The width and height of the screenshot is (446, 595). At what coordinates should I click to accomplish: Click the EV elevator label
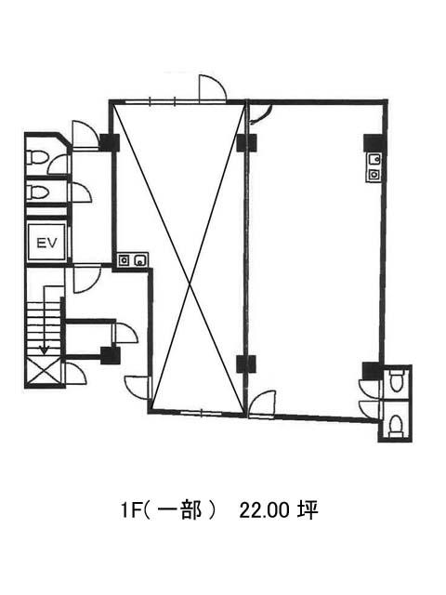[47, 242]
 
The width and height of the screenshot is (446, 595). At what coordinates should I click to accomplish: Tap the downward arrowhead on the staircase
[45, 350]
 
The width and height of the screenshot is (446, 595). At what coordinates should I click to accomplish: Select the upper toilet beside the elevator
[37, 157]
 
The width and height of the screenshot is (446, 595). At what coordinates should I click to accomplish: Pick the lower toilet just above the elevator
[37, 191]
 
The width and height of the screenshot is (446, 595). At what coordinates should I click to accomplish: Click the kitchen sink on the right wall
[374, 167]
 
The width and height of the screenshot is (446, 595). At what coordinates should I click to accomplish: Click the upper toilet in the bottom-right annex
[398, 380]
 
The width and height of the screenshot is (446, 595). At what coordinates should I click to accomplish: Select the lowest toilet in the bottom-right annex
[397, 425]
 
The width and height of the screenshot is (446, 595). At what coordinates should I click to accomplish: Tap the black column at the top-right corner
[374, 142]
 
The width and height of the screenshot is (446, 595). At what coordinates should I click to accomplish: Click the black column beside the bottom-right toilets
[372, 371]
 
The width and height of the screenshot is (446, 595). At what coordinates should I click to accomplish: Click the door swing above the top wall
[212, 88]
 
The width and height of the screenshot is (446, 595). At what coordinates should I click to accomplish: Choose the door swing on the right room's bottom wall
[262, 403]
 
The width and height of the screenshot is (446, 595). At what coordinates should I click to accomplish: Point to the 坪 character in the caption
[308, 510]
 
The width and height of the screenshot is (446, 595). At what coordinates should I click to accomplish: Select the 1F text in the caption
[129, 511]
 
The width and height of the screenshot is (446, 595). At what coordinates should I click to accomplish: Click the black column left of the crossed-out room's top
[110, 142]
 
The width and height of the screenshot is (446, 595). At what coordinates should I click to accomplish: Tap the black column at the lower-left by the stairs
[111, 355]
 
